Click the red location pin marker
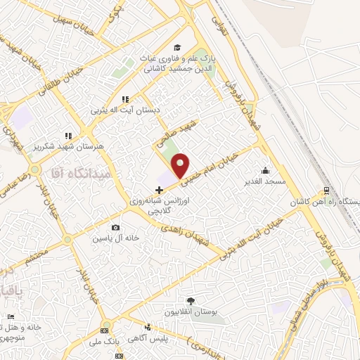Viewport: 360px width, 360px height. pos(181,165)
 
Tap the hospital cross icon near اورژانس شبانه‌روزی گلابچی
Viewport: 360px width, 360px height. pos(160,190)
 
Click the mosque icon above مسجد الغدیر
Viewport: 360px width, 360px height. pos(264,170)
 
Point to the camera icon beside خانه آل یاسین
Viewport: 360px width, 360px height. pos(115,228)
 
